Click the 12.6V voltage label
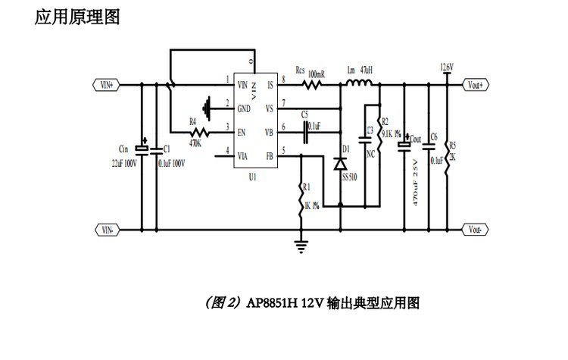click(x=446, y=68)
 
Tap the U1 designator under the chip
click(x=253, y=176)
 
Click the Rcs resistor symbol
click(x=312, y=85)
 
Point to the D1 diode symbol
click(x=340, y=162)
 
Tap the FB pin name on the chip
click(x=268, y=157)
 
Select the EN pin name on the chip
click(x=242, y=133)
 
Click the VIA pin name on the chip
click(x=243, y=157)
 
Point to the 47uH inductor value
click(x=367, y=70)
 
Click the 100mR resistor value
click(x=317, y=74)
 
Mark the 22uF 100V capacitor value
click(x=125, y=163)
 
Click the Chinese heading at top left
click(x=76, y=17)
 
